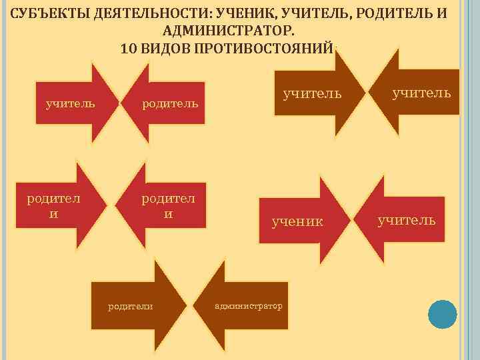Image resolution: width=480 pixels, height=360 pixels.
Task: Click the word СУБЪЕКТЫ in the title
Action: point(49,14)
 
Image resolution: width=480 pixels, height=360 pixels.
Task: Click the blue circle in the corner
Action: point(442,314)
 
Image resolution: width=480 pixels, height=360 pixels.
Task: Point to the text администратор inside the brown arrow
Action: point(249,306)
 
